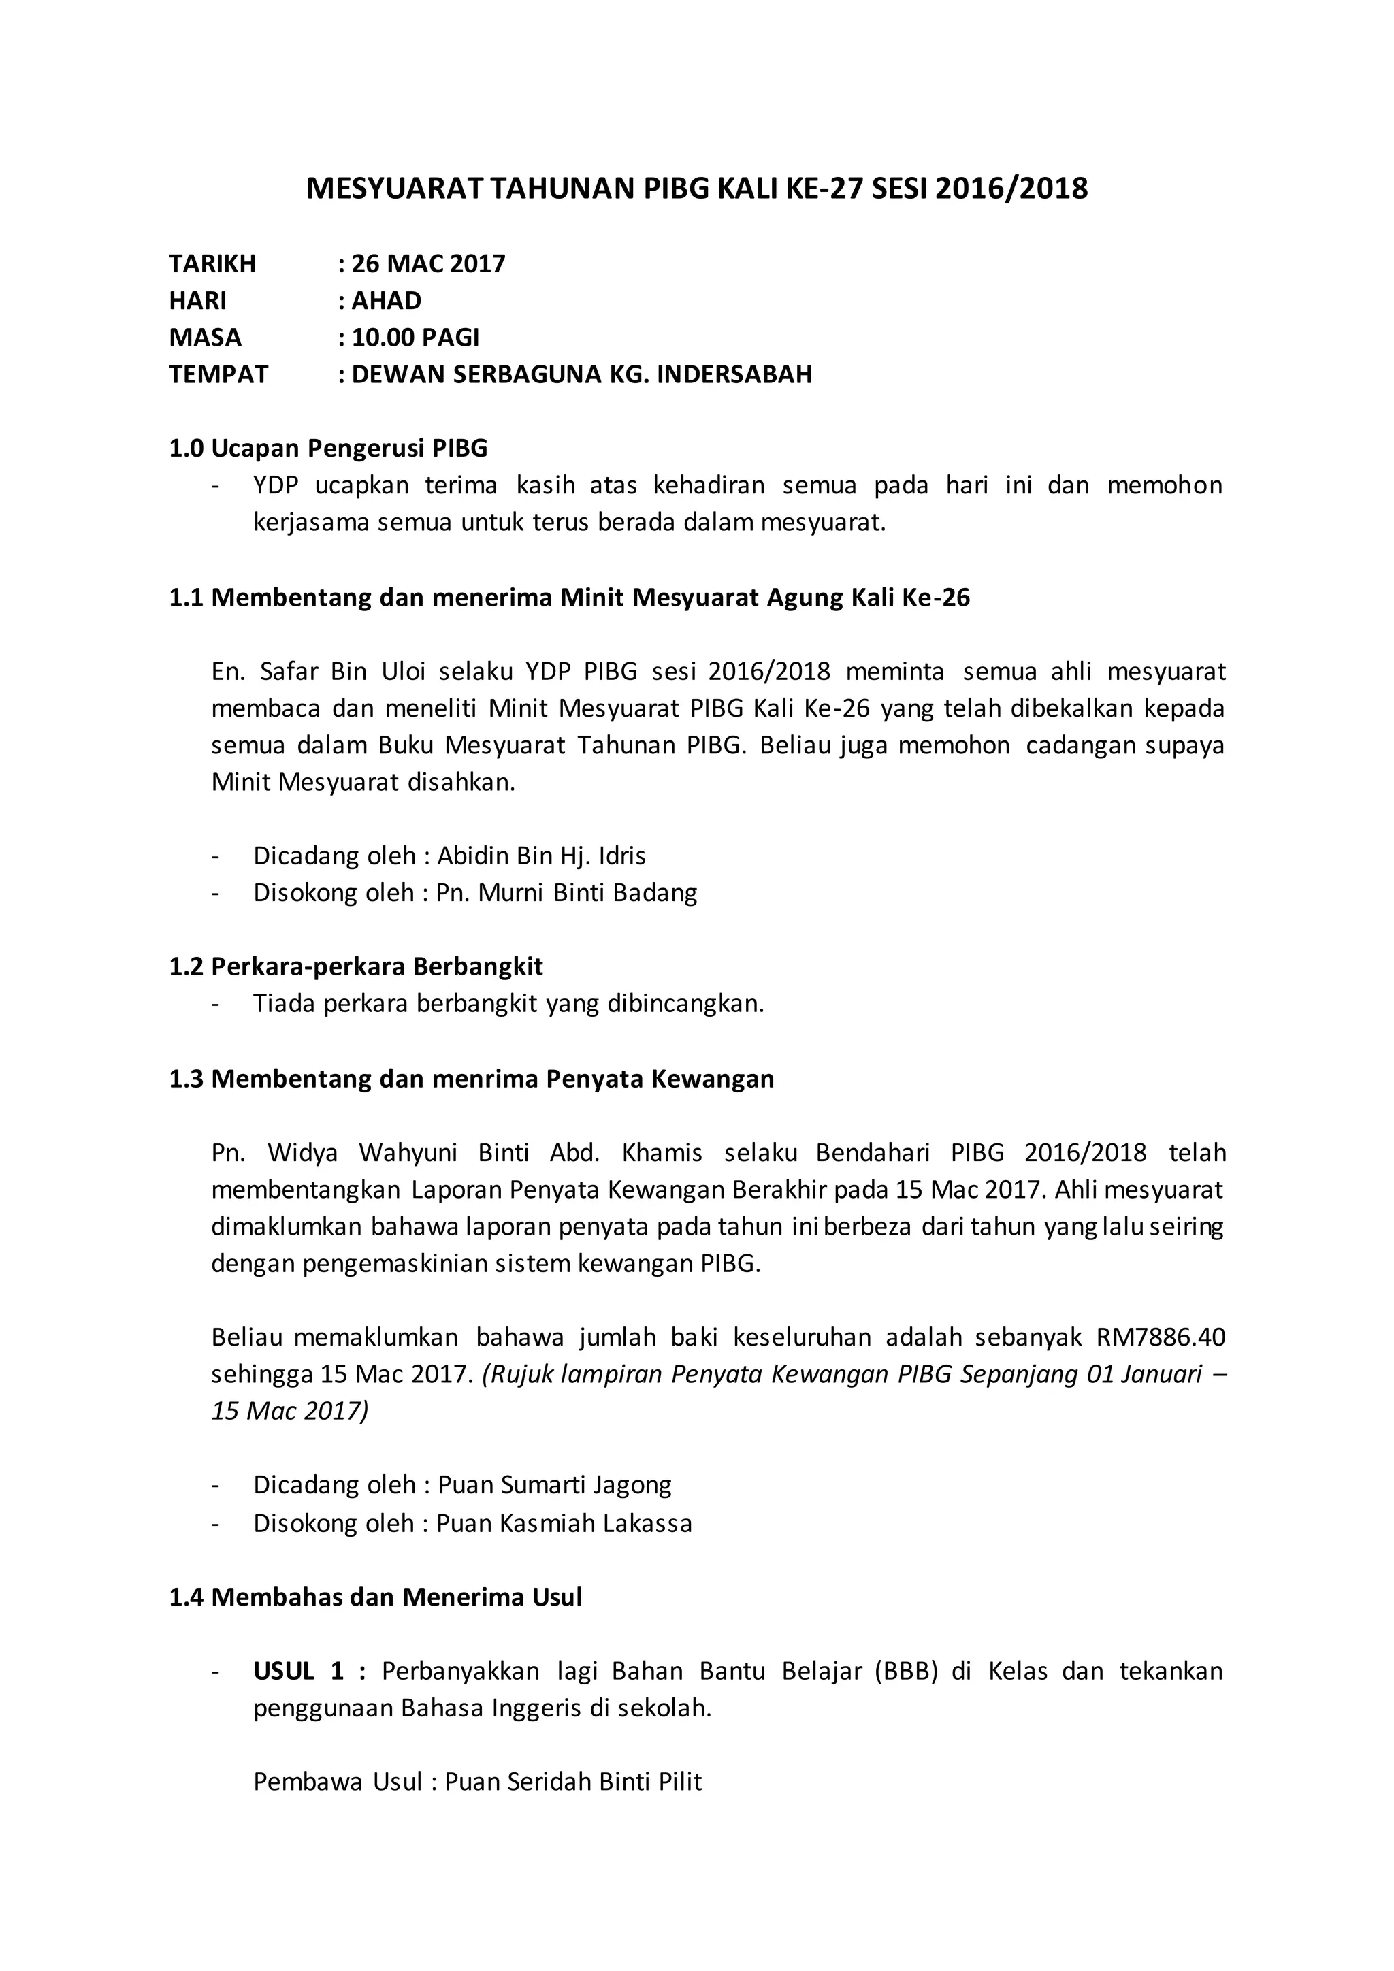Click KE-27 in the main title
coord(823,188)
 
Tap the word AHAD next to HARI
coord(386,300)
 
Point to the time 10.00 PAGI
coord(415,338)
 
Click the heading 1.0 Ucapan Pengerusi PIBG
coord(328,448)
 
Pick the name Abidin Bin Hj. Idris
coord(542,856)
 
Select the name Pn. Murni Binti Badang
coord(566,893)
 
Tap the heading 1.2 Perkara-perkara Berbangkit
coord(355,966)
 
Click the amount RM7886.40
coord(1161,1337)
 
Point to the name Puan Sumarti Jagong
coord(555,1485)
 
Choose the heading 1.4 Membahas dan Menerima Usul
coord(375,1597)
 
